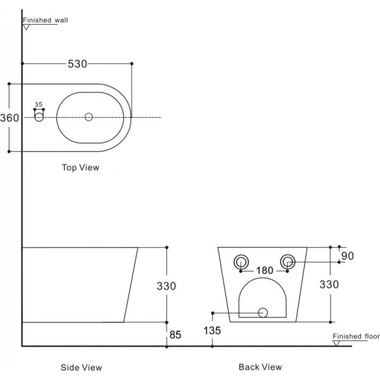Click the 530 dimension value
(77, 64)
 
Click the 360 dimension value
(9, 118)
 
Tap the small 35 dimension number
(39, 104)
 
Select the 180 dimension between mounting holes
(265, 270)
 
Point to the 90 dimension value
(348, 256)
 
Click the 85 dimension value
(175, 335)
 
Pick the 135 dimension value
(212, 331)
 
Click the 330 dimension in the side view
(166, 286)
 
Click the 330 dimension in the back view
(329, 284)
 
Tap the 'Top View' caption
(80, 167)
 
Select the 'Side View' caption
(81, 367)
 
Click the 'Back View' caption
(260, 367)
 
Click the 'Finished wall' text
(46, 20)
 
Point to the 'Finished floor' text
(356, 336)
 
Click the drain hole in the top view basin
(89, 117)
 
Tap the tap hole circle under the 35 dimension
(39, 117)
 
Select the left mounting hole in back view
(241, 262)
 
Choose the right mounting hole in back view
(288, 262)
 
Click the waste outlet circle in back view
(263, 313)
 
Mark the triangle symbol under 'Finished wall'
(26, 27)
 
